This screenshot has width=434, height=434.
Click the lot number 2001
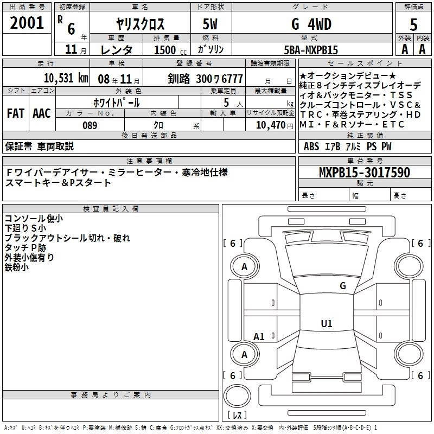point(27,23)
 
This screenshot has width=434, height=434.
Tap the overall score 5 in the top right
point(413,24)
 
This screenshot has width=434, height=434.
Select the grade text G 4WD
point(310,24)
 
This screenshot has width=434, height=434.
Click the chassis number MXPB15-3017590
point(365,173)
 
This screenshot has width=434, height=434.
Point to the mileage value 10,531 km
point(65,78)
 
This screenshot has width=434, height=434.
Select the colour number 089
point(90,125)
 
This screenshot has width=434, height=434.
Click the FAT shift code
point(16,113)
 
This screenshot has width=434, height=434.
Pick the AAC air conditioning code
point(42,113)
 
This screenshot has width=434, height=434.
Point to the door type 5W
point(212,24)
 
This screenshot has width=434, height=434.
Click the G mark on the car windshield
point(342,286)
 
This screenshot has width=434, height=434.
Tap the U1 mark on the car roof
point(327,324)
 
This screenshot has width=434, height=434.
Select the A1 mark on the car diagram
point(259,337)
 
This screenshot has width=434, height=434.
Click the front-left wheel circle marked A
point(245,267)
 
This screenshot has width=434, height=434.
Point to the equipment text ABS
point(311,146)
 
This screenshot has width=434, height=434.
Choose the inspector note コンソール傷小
point(34,219)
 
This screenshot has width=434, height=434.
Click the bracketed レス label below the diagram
point(237,415)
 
